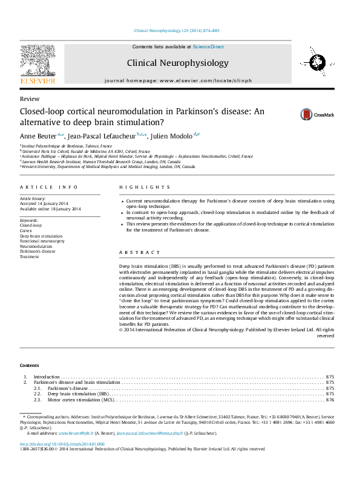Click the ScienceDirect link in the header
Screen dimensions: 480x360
(x=208, y=47)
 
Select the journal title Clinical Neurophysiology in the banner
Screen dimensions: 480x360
(x=177, y=63)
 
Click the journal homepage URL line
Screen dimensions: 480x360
(x=177, y=80)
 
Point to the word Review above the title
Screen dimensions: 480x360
(x=30, y=99)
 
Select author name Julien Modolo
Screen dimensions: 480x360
(x=172, y=136)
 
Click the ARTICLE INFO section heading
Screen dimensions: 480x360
(x=48, y=187)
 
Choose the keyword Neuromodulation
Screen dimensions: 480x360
(x=36, y=247)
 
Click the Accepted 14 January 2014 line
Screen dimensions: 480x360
(x=47, y=204)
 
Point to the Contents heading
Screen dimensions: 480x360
(x=29, y=366)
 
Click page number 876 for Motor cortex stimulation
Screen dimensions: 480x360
(x=330, y=400)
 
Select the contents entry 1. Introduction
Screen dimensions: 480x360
(x=47, y=377)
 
